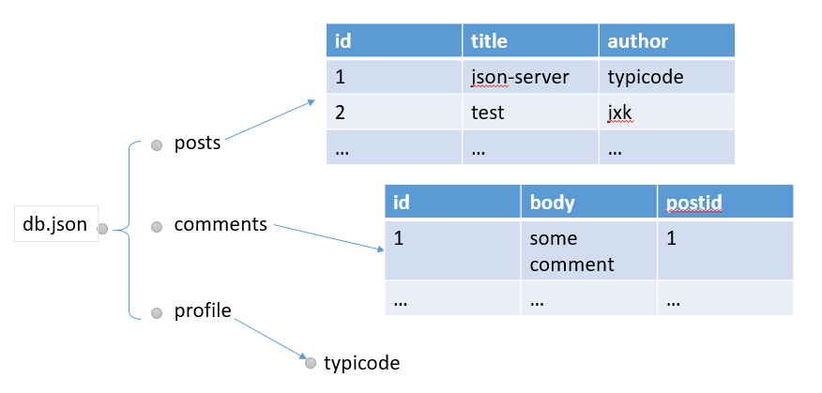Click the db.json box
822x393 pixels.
point(56,226)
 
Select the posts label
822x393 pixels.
point(197,144)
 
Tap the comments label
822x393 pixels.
point(221,225)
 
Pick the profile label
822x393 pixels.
point(203,310)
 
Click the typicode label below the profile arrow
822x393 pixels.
point(361,363)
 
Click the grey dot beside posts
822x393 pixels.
point(157,144)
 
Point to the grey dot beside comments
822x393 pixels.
point(157,226)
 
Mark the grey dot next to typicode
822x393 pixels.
point(311,363)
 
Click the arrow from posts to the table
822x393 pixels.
point(270,121)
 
